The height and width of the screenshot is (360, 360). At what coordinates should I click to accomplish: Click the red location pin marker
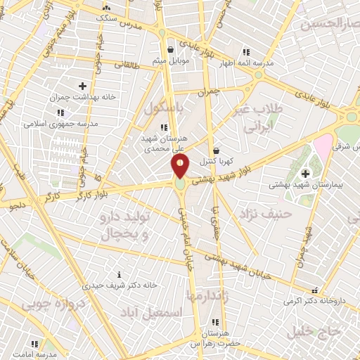180,167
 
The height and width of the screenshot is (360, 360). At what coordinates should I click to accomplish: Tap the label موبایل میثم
171,60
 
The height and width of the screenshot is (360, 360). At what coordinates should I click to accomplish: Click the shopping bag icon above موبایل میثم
171,49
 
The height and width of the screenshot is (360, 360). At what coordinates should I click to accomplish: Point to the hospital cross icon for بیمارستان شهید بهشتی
304,174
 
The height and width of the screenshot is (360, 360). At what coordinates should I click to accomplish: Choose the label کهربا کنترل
217,162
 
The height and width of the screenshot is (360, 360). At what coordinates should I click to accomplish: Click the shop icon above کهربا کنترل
217,150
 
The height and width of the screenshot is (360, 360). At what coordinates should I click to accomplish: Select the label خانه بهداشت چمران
82,98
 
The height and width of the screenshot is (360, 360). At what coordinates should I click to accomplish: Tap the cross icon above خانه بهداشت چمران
82,86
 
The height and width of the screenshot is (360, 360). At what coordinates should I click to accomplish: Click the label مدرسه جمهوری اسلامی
60,123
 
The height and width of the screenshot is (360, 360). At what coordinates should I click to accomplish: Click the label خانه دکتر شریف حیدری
119,285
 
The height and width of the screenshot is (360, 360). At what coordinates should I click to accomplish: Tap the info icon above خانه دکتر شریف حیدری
119,274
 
